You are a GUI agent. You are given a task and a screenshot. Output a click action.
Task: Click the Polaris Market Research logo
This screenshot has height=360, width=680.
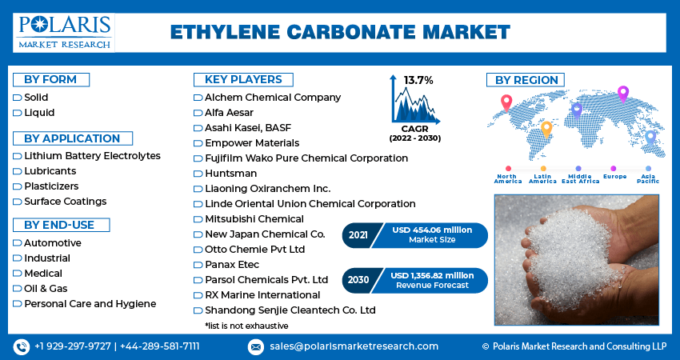(x=64, y=33)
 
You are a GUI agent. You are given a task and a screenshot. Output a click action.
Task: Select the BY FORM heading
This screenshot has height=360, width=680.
(x=50, y=80)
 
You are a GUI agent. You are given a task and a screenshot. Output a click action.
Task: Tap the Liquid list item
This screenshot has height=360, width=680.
(x=39, y=113)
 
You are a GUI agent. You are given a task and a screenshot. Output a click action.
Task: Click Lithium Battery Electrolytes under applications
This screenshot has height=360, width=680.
(x=92, y=156)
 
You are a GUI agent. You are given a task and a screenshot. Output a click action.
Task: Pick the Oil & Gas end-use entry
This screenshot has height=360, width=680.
(x=46, y=289)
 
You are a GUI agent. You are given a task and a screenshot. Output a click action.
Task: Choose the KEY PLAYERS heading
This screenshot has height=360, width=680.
(x=243, y=80)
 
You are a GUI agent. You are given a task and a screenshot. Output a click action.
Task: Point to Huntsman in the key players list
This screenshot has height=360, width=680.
(x=230, y=174)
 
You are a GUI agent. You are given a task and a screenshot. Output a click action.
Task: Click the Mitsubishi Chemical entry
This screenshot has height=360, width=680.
(x=254, y=219)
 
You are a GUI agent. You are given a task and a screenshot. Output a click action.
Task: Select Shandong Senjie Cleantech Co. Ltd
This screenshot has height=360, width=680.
(x=290, y=310)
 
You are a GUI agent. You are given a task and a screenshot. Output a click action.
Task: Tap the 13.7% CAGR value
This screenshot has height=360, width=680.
(x=418, y=80)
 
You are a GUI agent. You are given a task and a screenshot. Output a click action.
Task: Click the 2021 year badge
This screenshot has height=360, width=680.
(x=358, y=235)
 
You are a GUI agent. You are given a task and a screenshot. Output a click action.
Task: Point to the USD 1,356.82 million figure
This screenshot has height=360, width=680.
(x=432, y=275)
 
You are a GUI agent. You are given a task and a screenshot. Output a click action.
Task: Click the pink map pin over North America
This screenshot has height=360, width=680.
(x=506, y=102)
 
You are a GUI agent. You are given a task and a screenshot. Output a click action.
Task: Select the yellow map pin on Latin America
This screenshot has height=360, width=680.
(x=546, y=130)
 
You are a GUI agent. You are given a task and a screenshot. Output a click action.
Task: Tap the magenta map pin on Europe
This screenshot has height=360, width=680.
(x=622, y=94)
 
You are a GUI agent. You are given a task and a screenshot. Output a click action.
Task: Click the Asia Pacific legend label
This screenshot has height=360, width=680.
(x=648, y=178)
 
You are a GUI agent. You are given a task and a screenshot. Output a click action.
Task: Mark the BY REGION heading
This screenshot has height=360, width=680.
(x=526, y=80)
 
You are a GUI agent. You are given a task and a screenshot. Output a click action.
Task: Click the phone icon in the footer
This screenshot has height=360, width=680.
(x=22, y=346)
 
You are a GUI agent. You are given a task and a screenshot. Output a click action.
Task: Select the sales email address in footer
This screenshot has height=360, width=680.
(x=354, y=346)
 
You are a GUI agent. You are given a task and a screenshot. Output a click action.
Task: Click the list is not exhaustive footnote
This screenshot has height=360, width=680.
(x=246, y=326)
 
